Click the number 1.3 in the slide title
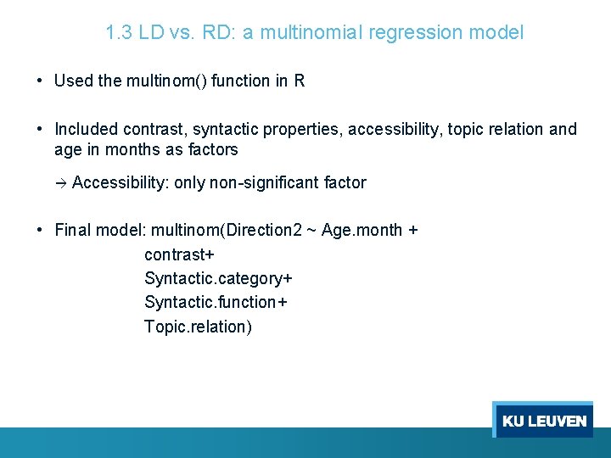click(x=118, y=33)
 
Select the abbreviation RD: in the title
click(x=216, y=33)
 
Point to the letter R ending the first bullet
click(x=300, y=81)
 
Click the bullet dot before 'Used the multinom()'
click(x=40, y=81)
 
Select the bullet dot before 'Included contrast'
click(x=40, y=130)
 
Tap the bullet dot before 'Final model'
click(x=40, y=230)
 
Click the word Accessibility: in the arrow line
click(x=121, y=182)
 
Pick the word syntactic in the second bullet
click(x=227, y=130)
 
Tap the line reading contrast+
click(x=179, y=254)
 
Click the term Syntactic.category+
click(x=218, y=279)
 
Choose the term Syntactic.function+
click(x=216, y=303)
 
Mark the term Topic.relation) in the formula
click(x=198, y=327)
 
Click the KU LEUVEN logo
click(x=543, y=421)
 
